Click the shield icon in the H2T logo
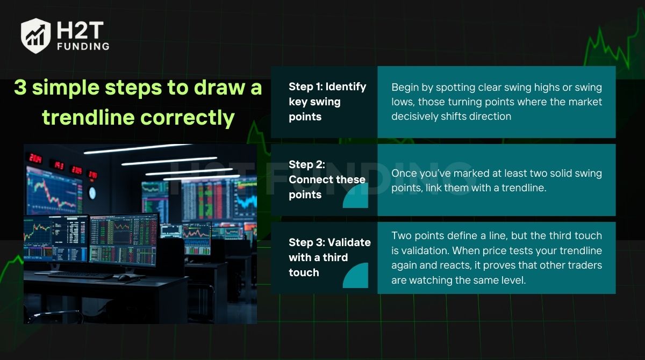[x=35, y=35]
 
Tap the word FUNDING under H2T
[x=83, y=46]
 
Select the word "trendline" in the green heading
[x=88, y=117]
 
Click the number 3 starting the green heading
[x=20, y=87]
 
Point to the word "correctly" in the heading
[x=188, y=118]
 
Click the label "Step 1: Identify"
[x=327, y=87]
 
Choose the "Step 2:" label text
[x=307, y=164]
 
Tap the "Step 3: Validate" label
[x=329, y=242]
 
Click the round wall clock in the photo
[x=92, y=193]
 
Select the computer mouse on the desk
[x=124, y=278]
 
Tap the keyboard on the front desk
[x=81, y=276]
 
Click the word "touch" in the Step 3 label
[x=304, y=272]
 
